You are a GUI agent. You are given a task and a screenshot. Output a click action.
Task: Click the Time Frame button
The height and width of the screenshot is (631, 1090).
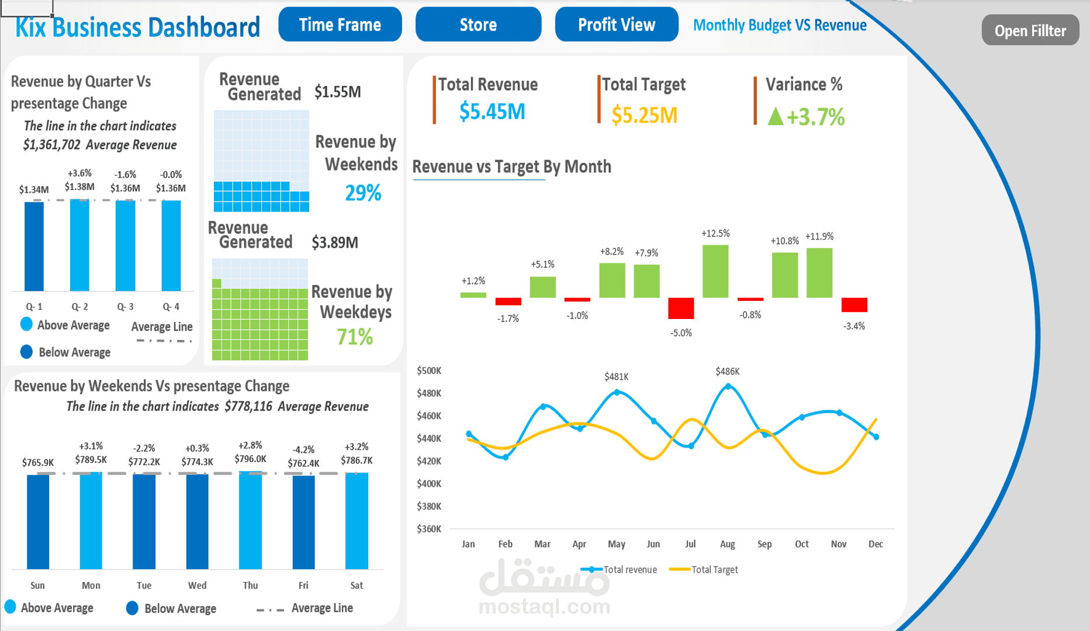[340, 25]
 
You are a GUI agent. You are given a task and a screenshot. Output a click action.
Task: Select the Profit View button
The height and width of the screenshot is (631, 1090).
[616, 25]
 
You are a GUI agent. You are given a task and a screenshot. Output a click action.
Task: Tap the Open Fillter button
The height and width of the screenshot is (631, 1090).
[1030, 30]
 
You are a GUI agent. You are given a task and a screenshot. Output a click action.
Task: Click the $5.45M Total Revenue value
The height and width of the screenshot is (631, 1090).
[492, 111]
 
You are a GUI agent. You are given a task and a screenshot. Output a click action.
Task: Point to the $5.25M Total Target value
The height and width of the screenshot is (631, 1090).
[644, 115]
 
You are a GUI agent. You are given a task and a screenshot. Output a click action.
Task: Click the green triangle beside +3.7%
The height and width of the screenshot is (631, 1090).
[775, 116]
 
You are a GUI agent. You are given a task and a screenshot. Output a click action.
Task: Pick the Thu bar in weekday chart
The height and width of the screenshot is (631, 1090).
[250, 520]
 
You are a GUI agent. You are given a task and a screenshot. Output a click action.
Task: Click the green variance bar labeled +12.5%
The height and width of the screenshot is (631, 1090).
[715, 271]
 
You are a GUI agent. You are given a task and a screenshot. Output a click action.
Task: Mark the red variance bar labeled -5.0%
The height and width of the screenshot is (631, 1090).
[681, 308]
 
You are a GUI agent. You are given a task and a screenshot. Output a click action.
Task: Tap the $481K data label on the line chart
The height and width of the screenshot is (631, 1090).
[616, 377]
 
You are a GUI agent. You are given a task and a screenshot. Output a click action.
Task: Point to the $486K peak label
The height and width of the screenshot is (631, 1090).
[727, 372]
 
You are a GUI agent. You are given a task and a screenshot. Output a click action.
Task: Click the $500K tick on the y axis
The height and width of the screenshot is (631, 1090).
[429, 370]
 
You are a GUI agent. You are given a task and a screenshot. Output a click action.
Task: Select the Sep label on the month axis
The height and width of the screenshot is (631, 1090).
[764, 544]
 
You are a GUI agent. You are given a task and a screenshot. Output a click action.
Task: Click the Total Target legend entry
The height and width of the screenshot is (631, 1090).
[704, 570]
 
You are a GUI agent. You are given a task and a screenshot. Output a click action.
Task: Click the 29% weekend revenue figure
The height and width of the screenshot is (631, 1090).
[363, 193]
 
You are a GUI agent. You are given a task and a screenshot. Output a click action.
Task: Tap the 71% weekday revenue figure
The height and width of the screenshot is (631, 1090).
[355, 337]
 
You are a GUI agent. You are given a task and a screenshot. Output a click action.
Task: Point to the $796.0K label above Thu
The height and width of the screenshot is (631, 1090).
[250, 459]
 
